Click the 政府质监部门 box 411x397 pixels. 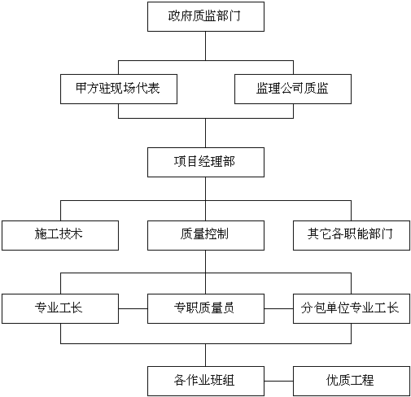206,16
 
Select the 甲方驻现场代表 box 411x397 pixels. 119,89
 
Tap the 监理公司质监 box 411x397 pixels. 293,89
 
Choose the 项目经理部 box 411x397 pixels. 206,162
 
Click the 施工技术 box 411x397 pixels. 60,235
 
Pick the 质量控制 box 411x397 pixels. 206,235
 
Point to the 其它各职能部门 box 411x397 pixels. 352,235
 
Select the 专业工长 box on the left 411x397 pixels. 60,308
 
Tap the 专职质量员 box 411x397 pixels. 206,308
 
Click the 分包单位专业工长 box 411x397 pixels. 352,308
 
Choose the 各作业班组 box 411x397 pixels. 206,381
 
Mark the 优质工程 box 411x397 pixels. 352,381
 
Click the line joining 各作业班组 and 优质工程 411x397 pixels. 278,381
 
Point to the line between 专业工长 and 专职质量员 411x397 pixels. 133,308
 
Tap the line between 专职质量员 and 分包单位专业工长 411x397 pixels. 278,308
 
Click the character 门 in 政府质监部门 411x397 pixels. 235,15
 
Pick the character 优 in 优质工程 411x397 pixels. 332,380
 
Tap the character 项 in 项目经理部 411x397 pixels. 180,161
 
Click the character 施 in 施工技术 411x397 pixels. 41,233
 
